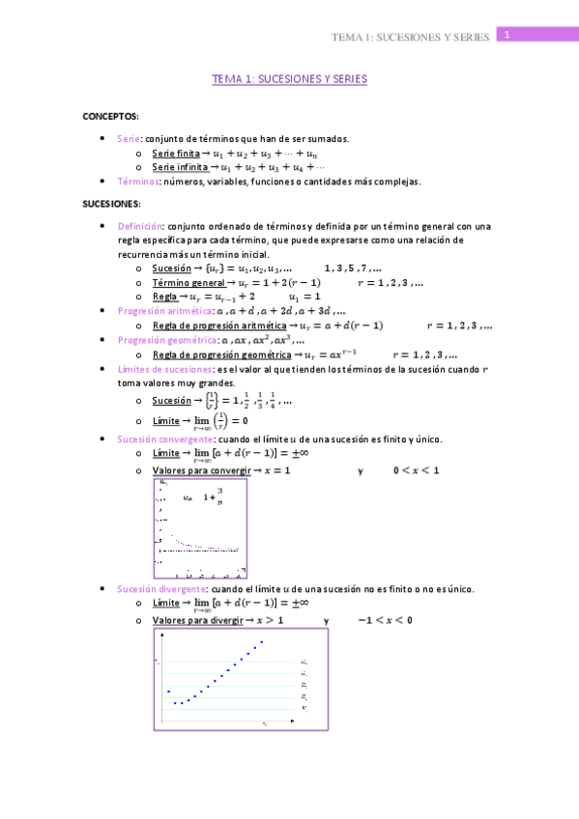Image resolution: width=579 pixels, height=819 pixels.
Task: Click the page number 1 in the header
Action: (x=506, y=35)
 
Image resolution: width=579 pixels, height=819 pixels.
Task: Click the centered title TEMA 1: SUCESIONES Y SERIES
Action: (x=289, y=80)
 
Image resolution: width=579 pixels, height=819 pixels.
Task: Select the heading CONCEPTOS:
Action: (x=110, y=116)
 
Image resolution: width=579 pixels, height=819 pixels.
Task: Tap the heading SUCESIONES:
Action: (x=111, y=204)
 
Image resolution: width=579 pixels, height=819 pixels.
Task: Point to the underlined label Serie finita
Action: (x=175, y=153)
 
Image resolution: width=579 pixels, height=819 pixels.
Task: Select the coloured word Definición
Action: (x=141, y=226)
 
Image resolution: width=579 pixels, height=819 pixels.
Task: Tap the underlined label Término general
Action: (x=188, y=282)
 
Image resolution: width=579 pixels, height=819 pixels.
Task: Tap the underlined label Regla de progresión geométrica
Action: (x=220, y=354)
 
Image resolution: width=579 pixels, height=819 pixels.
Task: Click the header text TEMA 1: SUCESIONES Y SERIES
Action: (x=410, y=37)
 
